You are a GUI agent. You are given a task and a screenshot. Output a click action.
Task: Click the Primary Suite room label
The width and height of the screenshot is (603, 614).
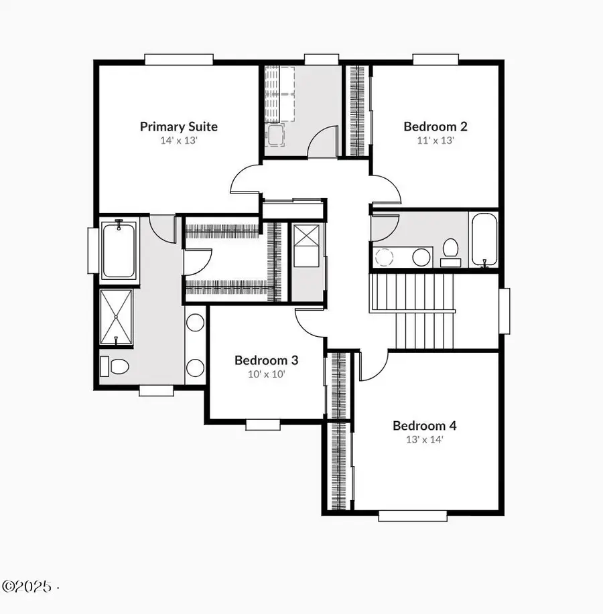(178, 126)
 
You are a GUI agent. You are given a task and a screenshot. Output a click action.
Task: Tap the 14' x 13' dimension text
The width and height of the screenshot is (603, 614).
(178, 141)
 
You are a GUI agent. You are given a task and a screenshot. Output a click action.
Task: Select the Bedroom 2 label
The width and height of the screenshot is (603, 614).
(435, 126)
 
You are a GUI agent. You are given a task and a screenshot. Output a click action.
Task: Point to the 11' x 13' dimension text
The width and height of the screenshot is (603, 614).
(435, 141)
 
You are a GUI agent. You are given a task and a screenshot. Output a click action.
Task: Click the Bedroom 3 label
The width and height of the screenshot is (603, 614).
(266, 360)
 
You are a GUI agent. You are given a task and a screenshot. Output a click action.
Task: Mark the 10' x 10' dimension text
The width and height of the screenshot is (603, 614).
(266, 374)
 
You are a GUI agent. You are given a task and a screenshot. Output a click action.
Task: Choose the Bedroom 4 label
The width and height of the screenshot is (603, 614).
(424, 425)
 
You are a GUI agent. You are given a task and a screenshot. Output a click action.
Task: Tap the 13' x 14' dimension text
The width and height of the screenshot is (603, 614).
(424, 440)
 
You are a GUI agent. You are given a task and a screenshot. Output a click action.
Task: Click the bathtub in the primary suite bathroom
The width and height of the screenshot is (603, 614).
(119, 251)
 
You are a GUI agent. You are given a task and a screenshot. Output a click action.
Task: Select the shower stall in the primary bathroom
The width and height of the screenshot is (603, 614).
(117, 317)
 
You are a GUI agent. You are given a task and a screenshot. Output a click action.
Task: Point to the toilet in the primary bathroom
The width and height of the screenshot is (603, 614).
(115, 366)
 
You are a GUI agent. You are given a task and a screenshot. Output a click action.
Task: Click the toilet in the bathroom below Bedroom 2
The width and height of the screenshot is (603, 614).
(451, 251)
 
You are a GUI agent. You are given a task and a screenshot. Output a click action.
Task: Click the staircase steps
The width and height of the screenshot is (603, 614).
(413, 311)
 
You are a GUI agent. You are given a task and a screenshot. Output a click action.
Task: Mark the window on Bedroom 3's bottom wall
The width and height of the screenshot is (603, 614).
(263, 424)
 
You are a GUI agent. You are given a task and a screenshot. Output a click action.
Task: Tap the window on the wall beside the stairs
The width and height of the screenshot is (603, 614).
(505, 311)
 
